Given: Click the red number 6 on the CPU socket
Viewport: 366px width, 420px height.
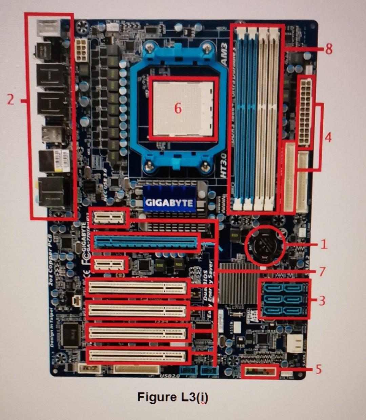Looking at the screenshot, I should coord(178,108).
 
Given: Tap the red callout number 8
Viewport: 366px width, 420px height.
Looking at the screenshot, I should coord(328,49).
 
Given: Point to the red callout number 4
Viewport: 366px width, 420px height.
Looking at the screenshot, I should coord(327,137).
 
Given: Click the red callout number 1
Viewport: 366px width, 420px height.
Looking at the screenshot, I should coord(324,244).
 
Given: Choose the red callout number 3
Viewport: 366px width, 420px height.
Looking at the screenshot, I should coord(322,300).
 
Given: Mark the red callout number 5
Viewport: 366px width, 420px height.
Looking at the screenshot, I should coord(318,369).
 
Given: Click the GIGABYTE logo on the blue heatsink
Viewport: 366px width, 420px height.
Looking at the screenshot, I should coord(169,202).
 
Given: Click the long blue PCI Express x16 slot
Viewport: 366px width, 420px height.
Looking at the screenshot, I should coord(146,242).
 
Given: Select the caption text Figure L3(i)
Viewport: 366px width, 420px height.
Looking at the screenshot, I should coord(173,397).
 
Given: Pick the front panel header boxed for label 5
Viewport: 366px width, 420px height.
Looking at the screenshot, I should coord(260,372).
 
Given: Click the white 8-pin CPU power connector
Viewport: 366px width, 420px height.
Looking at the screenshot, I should coord(82,50).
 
